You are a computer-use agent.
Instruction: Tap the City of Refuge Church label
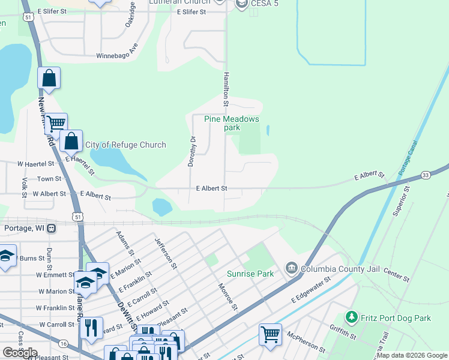click(125, 145)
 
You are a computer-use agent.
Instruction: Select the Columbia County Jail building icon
click(291, 266)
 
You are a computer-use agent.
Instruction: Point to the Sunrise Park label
click(250, 274)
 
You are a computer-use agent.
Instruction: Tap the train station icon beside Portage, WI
click(52, 228)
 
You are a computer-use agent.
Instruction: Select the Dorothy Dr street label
click(193, 152)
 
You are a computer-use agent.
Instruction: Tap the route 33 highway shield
click(426, 175)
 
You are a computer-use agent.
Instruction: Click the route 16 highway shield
click(64, 343)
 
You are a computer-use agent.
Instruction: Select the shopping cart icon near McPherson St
click(270, 333)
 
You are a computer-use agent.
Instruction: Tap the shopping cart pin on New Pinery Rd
click(56, 123)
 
